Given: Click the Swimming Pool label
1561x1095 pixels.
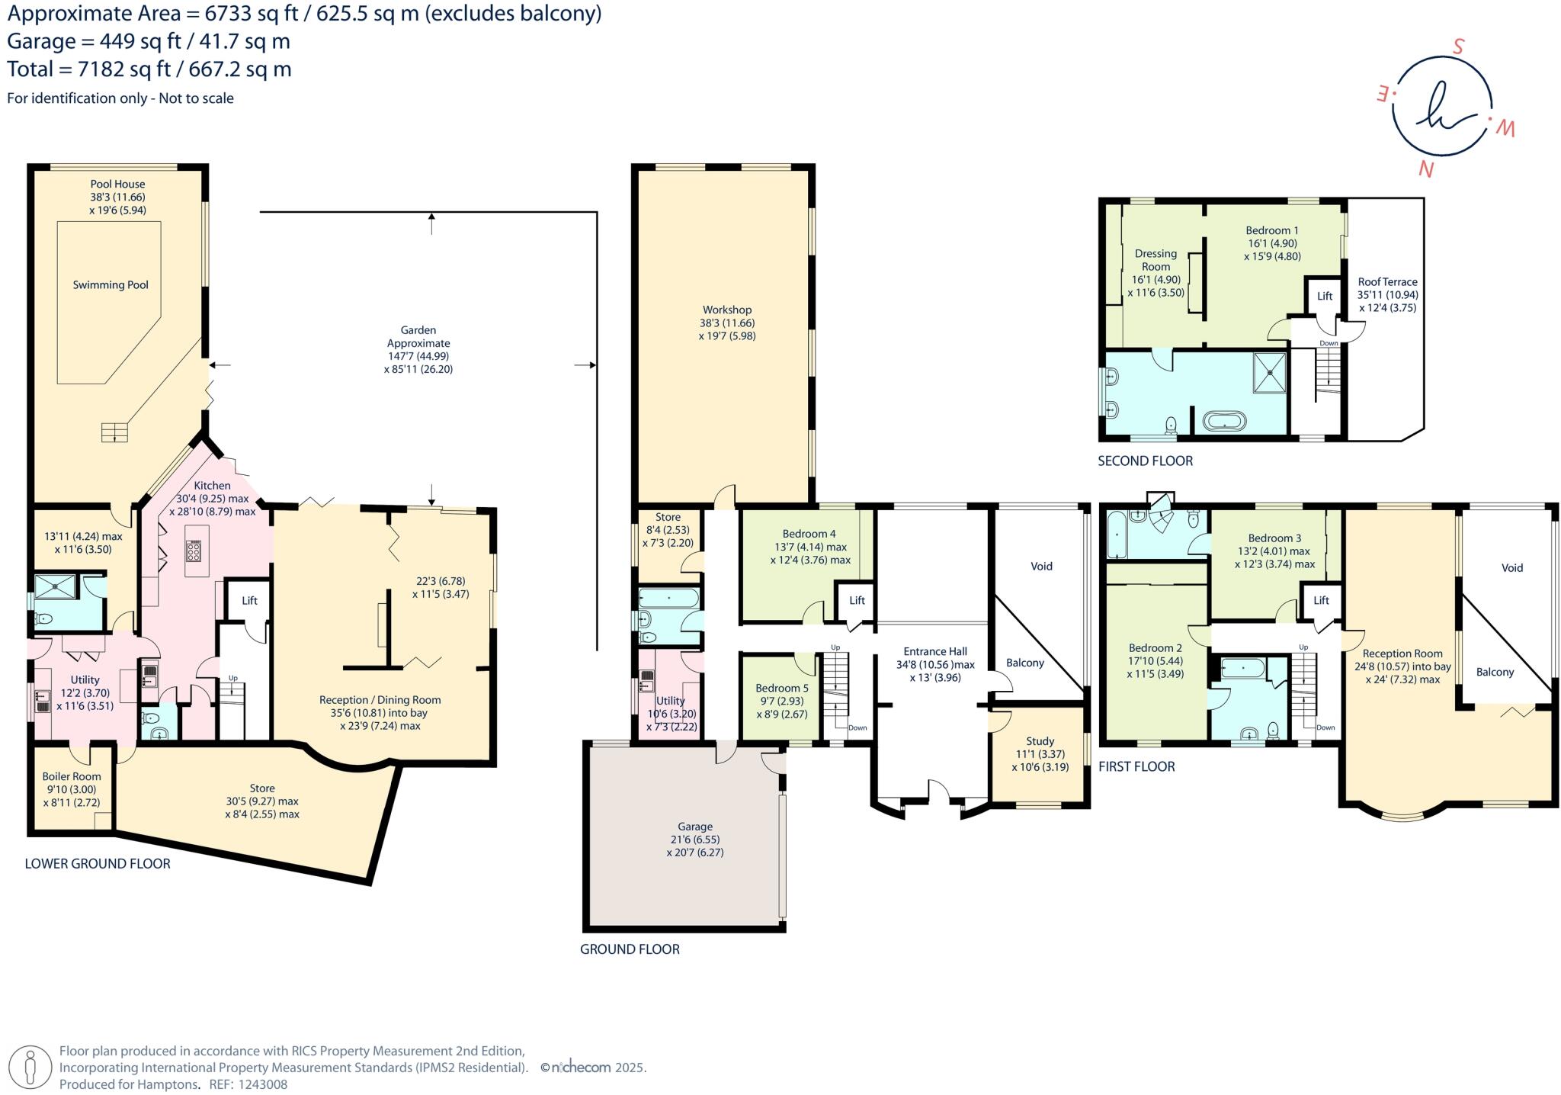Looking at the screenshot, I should click(x=111, y=285).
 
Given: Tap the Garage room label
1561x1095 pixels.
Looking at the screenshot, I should click(x=694, y=827).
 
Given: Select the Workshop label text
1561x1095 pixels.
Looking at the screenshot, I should click(x=726, y=310).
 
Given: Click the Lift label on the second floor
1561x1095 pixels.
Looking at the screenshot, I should click(x=1325, y=296).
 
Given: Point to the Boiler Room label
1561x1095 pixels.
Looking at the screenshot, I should click(x=71, y=776).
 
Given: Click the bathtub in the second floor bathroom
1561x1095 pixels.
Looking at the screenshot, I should click(x=1224, y=421).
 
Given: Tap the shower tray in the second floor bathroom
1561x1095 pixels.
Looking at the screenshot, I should click(x=1269, y=372).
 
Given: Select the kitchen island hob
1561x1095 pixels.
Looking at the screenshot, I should click(x=194, y=551).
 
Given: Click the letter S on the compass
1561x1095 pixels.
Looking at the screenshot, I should click(x=1457, y=47).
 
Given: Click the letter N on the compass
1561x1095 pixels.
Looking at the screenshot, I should click(x=1425, y=169).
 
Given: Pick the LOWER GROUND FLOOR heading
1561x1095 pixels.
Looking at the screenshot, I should click(x=98, y=864).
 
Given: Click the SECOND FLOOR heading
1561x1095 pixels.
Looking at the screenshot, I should click(x=1145, y=461).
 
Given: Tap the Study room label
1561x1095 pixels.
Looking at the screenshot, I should click(x=1040, y=741).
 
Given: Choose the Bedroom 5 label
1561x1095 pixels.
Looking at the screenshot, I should click(x=782, y=688).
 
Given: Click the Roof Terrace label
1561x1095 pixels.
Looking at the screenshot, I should click(x=1387, y=282).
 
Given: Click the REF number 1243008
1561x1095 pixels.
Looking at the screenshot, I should click(x=262, y=1084).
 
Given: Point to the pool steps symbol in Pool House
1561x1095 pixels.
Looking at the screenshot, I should click(x=114, y=432).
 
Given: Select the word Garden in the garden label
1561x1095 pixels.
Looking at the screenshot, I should click(x=418, y=330).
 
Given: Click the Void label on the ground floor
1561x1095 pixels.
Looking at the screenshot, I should click(x=1041, y=566).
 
